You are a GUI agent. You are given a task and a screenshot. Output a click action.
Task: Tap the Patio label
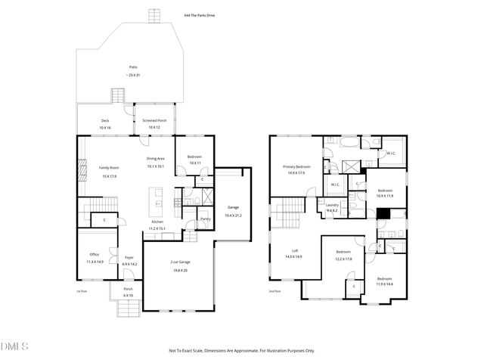point(132,67)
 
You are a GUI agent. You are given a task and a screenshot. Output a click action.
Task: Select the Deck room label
point(105,120)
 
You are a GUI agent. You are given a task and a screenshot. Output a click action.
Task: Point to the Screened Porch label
point(155,120)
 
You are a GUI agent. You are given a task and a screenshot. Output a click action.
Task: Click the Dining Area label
point(155,158)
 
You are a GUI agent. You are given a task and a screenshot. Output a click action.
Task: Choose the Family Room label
point(109,167)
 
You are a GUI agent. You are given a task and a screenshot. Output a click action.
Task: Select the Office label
point(95,254)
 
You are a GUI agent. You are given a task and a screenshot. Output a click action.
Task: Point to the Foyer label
point(129,257)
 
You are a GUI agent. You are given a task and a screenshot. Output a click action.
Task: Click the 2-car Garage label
point(180,262)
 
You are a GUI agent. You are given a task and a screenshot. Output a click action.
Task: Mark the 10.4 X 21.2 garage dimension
point(234,215)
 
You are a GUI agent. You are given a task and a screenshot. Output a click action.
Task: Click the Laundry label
point(332,205)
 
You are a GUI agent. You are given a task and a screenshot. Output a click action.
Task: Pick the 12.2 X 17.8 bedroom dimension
point(343,259)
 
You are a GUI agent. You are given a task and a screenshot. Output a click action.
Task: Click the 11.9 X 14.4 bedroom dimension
point(385,284)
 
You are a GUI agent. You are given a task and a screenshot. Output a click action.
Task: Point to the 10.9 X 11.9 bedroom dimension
point(386,197)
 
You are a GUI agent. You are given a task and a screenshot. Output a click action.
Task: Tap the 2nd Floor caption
point(275,291)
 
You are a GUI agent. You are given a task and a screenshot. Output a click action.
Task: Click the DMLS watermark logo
point(14,346)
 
